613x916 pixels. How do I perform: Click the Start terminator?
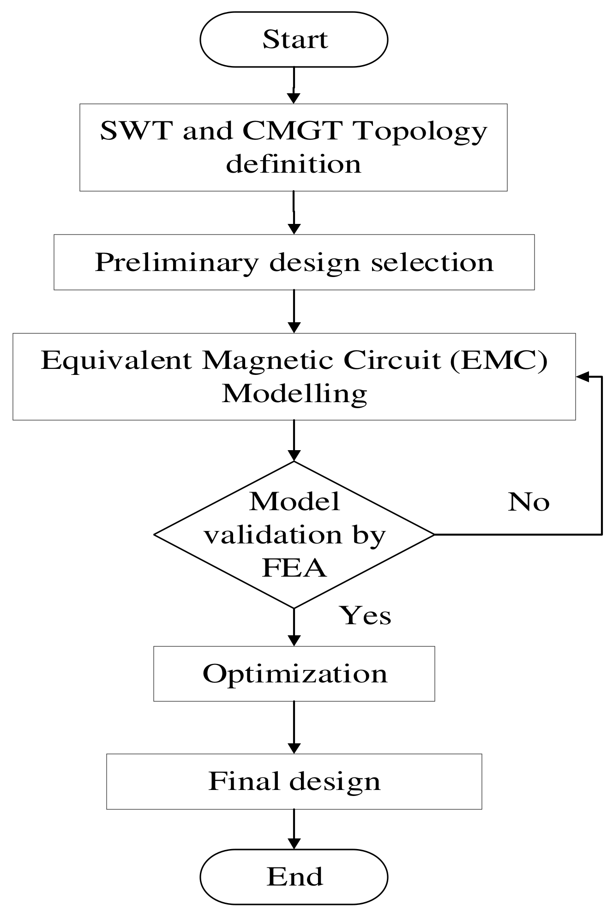pyautogui.click(x=294, y=40)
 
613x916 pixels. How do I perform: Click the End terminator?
pyautogui.click(x=294, y=877)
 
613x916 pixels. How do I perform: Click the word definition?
pyautogui.click(x=294, y=164)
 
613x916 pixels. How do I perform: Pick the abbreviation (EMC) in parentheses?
pyautogui.click(x=499, y=361)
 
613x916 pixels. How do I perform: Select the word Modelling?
pyautogui.click(x=294, y=394)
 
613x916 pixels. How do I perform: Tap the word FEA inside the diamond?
pyautogui.click(x=294, y=568)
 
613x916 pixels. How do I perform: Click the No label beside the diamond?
pyautogui.click(x=529, y=502)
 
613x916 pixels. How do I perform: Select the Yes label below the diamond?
pyautogui.click(x=366, y=616)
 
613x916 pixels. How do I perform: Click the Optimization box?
pyautogui.click(x=294, y=674)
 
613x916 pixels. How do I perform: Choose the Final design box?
pyautogui.click(x=294, y=782)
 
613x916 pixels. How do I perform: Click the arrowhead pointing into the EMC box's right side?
pyautogui.click(x=583, y=377)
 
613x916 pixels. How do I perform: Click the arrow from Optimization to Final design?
pyautogui.click(x=294, y=728)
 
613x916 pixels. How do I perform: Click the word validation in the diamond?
pyautogui.click(x=272, y=536)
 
